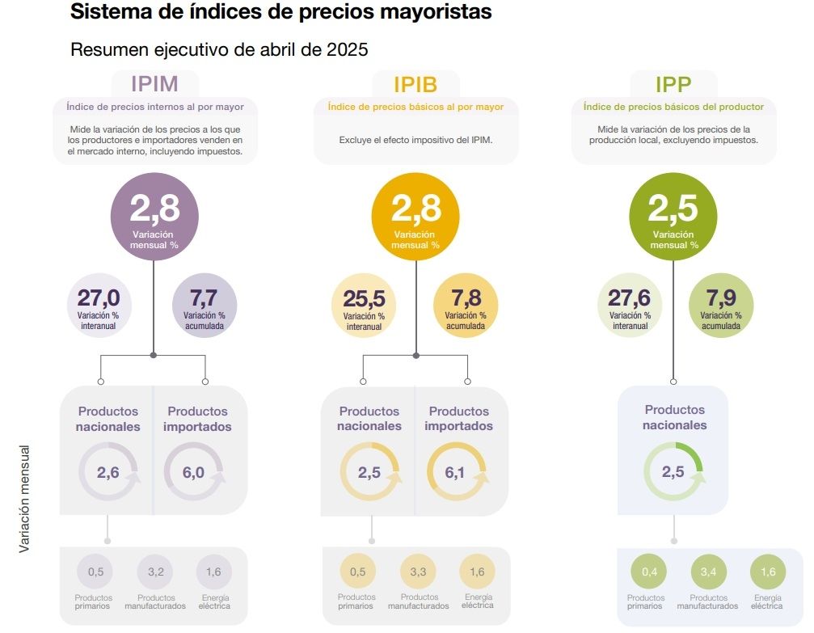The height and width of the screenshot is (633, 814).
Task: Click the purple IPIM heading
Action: point(154,83)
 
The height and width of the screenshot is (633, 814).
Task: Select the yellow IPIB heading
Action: point(415,84)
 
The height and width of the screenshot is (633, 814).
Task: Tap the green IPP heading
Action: point(673,84)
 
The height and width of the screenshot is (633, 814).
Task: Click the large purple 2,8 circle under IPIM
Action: point(154,216)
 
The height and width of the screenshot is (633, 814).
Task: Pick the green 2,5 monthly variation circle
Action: point(673,216)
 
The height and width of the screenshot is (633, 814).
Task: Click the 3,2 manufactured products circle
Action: point(156,572)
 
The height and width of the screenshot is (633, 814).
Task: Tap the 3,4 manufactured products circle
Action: point(708,572)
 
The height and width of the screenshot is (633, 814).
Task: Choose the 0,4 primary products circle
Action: point(650,572)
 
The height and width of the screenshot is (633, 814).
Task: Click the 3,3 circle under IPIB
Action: point(418,572)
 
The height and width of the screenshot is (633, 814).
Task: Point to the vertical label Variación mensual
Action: point(24,499)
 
